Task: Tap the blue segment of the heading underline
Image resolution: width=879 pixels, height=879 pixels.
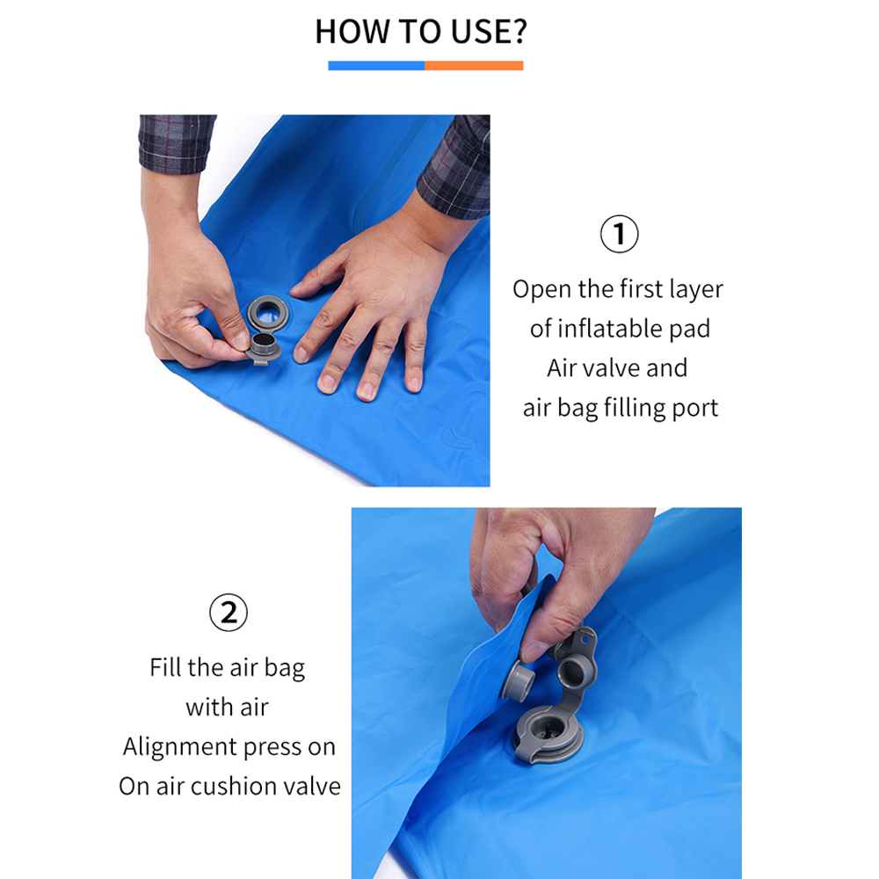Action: (x=376, y=66)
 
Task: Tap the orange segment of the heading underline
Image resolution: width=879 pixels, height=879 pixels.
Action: (x=475, y=66)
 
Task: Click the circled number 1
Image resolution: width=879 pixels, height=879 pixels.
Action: (x=619, y=234)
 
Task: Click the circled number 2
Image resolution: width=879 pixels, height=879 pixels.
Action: (x=229, y=612)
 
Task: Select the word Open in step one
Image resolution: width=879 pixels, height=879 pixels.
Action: (x=542, y=290)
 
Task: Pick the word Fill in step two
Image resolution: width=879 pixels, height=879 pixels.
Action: (x=165, y=667)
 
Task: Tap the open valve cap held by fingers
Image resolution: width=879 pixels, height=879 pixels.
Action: (x=263, y=347)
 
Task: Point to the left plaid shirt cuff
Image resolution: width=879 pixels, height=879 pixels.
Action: (x=176, y=143)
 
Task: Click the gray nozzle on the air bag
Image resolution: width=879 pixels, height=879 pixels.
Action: (x=517, y=680)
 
